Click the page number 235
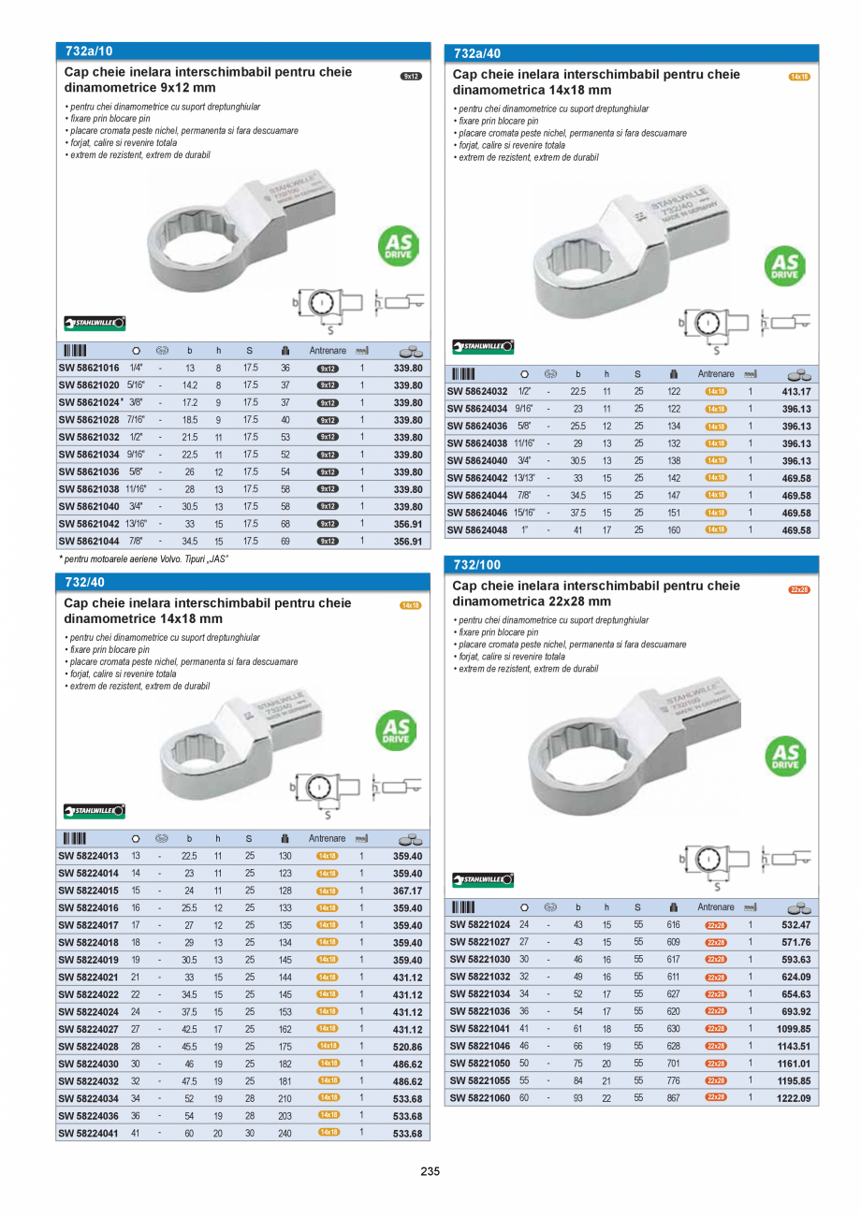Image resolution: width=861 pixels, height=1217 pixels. (430, 1171)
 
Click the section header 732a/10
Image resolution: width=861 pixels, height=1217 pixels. (90, 51)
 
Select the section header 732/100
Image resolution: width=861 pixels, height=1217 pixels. (477, 565)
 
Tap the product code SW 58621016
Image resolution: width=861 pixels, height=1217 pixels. (89, 369)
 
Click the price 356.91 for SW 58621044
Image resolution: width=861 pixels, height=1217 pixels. (408, 542)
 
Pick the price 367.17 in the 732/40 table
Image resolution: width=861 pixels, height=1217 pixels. (408, 891)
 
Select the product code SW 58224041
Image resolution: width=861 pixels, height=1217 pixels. (89, 1133)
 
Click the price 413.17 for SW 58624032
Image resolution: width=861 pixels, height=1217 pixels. (795, 392)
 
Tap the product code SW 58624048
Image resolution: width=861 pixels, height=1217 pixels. (477, 530)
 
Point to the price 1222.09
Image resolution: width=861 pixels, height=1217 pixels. (794, 1098)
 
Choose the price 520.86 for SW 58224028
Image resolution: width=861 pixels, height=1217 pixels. (408, 1046)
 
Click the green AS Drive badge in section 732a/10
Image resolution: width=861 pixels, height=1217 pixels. (398, 246)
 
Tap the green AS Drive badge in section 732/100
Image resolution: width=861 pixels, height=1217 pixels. (785, 757)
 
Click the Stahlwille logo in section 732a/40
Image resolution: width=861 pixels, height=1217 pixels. (483, 347)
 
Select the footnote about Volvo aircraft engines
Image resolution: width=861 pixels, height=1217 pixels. (145, 559)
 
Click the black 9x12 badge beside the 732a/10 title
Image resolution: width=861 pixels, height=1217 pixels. (411, 76)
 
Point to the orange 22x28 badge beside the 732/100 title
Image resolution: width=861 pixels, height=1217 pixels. (799, 590)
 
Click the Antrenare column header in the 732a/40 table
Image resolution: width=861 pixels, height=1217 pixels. (716, 374)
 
